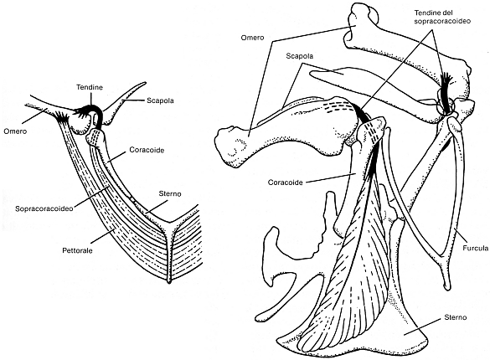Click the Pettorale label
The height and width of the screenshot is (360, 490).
(x=77, y=250)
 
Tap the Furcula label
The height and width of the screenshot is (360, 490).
(x=475, y=248)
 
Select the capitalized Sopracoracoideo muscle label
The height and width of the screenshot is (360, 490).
(x=44, y=208)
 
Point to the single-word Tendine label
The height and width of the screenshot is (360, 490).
(x=90, y=87)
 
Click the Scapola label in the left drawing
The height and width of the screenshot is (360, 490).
(x=160, y=100)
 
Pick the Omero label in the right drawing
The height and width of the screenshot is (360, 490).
(x=252, y=38)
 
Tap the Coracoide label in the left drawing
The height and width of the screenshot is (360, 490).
(x=147, y=150)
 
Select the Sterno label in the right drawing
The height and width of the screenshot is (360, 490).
(x=455, y=317)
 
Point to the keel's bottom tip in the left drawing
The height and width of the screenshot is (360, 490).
(x=169, y=282)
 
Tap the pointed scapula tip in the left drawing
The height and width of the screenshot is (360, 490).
(x=145, y=83)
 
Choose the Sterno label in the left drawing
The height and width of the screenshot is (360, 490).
(x=170, y=193)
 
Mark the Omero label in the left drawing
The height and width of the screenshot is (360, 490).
(x=15, y=131)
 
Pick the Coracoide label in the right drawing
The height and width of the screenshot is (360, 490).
(x=286, y=183)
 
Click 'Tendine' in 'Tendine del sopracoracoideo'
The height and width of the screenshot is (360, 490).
(x=426, y=13)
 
